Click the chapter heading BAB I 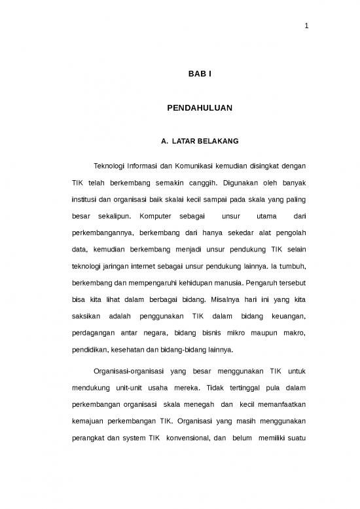(194, 76)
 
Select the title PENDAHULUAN (194, 105)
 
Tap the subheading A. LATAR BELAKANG (194, 141)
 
